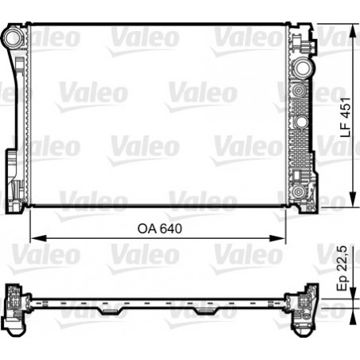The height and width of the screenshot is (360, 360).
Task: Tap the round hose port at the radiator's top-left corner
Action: (x=13, y=37)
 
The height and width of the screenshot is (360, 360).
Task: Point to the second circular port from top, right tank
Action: (x=302, y=92)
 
